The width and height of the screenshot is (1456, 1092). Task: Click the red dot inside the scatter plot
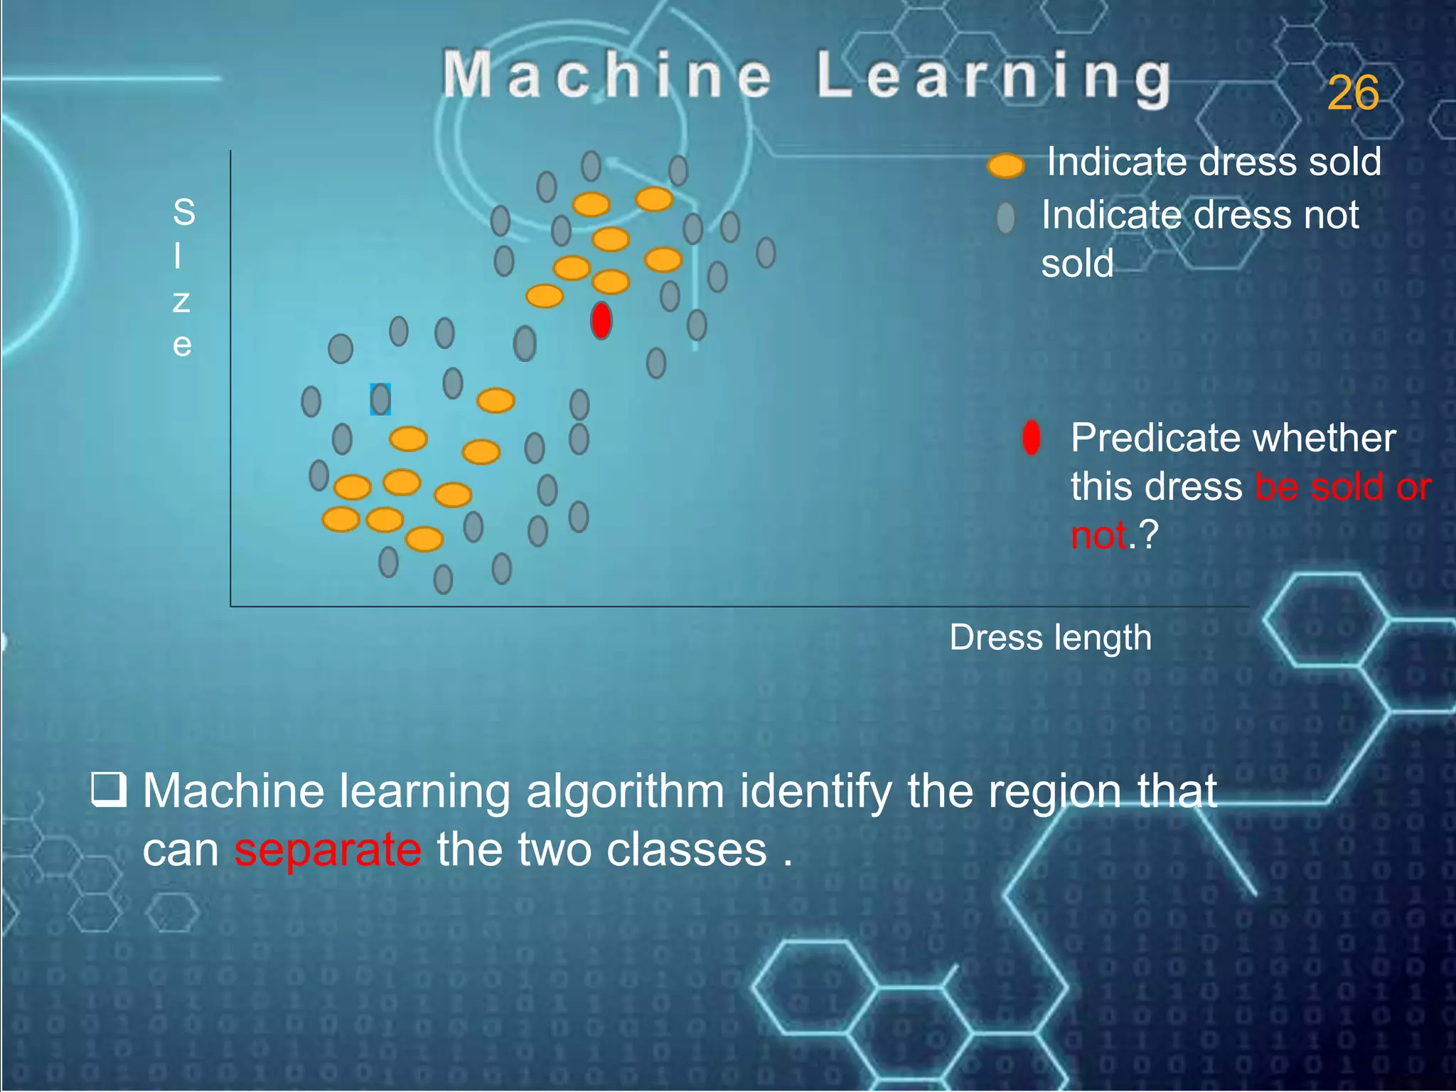pos(601,321)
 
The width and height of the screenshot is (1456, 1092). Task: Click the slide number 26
pos(1352,93)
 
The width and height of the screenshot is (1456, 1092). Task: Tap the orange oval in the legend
pos(1005,166)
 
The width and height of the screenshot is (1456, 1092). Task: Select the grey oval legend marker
pos(1005,218)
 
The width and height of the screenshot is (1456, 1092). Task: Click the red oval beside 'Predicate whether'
pos(1031,438)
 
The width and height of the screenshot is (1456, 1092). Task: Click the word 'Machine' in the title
pos(606,75)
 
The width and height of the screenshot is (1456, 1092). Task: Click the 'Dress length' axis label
pos(1050,637)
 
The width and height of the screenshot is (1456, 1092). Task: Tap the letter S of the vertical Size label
pos(183,212)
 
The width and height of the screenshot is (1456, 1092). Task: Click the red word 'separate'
pos(328,850)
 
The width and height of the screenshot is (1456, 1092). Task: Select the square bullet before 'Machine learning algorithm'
pos(109,790)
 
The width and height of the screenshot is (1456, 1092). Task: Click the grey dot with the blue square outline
pos(380,400)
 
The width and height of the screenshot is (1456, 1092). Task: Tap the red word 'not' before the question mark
pos(1098,535)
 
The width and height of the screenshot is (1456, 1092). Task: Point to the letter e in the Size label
pos(182,346)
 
